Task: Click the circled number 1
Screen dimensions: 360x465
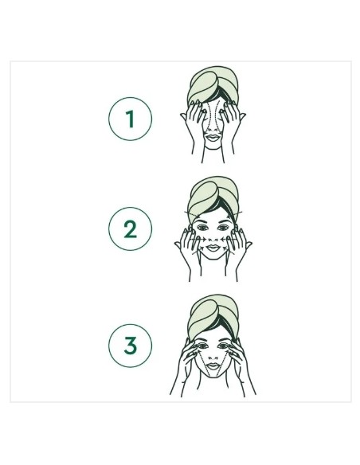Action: (130, 119)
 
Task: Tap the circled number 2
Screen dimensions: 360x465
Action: (130, 229)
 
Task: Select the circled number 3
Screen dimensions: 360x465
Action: (130, 346)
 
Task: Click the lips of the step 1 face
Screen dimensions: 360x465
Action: (213, 138)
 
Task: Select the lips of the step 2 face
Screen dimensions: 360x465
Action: (213, 248)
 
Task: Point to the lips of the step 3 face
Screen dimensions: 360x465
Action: (213, 366)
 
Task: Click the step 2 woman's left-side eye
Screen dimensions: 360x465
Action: (202, 228)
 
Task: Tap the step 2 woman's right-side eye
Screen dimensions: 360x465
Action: (223, 228)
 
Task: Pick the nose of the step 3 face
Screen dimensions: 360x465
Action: (213, 356)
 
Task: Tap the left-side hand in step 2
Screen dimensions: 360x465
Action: (187, 246)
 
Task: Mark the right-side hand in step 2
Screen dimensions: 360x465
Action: (239, 246)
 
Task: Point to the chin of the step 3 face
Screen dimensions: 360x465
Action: (213, 376)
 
